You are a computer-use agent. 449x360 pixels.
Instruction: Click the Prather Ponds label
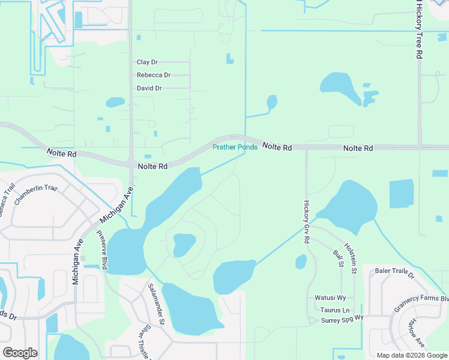coord(235,147)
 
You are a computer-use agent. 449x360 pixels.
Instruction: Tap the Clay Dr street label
coord(147,62)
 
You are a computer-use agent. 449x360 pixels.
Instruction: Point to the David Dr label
coord(149,88)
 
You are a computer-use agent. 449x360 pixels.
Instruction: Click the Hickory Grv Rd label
coord(306,221)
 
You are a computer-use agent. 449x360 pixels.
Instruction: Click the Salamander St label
coord(156,304)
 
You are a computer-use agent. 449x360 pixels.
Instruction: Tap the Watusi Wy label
coord(330,298)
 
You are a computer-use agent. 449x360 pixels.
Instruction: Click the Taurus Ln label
coord(334,310)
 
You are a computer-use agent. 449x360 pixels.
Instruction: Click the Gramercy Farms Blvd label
coord(421,306)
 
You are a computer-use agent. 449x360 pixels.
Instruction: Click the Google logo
coord(20,353)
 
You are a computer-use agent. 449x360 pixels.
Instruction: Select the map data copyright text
coord(412,355)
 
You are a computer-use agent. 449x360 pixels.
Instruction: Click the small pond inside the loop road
coord(184,244)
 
